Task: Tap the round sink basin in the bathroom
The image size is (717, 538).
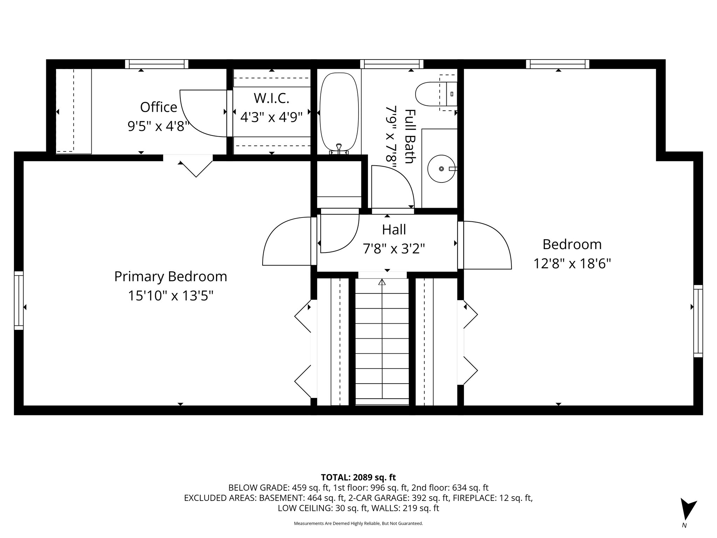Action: point(441,169)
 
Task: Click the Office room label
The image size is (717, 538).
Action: point(159,107)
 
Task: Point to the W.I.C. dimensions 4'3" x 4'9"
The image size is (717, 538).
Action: point(271,117)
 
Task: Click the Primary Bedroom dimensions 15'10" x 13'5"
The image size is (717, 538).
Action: point(170,296)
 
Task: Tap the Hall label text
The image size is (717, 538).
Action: point(394,230)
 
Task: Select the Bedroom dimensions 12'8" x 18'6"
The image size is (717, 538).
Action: point(572,263)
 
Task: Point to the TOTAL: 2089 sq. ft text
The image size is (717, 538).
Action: point(358,477)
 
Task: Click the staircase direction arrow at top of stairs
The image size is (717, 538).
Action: point(382,282)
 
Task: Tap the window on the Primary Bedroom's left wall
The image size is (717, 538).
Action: point(19,301)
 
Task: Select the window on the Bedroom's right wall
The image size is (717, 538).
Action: point(698,321)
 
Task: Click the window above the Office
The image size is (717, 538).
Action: point(157,64)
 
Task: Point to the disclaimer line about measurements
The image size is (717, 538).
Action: point(358,523)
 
